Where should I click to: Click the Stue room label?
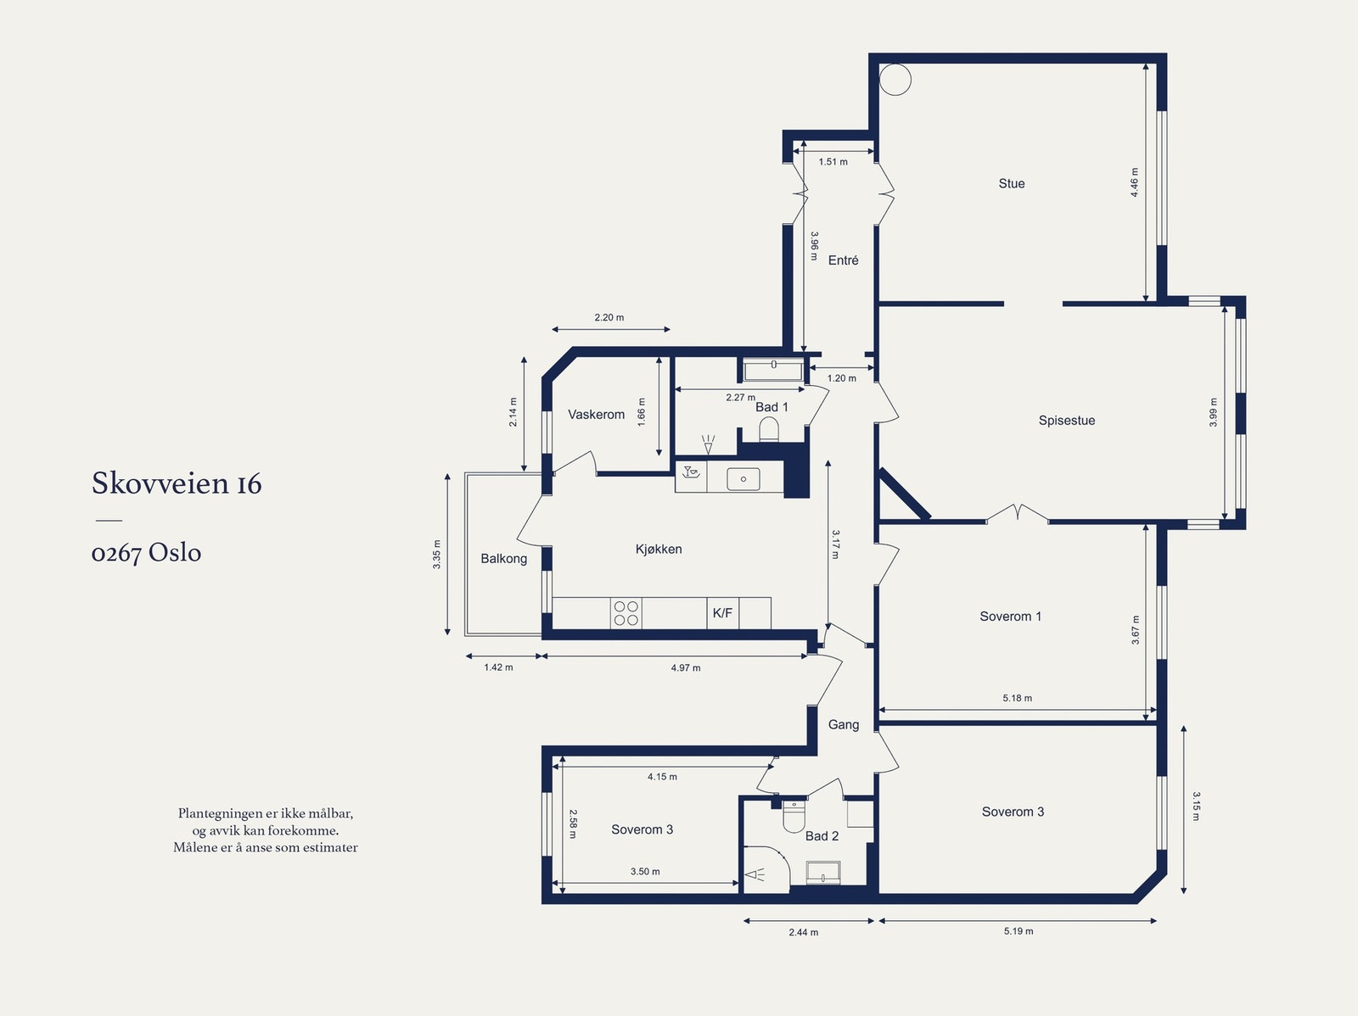(1012, 183)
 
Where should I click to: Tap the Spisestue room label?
(1067, 421)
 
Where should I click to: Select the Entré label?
(844, 260)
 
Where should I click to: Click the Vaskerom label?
(597, 414)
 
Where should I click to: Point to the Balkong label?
(503, 559)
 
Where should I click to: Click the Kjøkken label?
(659, 549)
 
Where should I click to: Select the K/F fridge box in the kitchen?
(722, 613)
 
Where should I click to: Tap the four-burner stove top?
(626, 613)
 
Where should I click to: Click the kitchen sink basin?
(743, 479)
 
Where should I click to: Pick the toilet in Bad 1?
(768, 429)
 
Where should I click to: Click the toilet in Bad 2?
(793, 817)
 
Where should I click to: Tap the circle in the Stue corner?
(895, 80)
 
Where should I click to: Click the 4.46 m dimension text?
(1134, 182)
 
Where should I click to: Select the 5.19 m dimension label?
(1018, 930)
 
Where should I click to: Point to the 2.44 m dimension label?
(803, 932)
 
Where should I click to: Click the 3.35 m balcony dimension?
(436, 555)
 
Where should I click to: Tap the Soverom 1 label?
(1010, 617)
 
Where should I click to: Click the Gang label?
(844, 724)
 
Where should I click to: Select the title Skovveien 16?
(177, 483)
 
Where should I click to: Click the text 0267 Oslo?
(146, 552)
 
